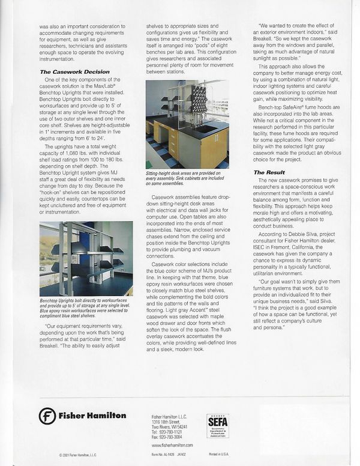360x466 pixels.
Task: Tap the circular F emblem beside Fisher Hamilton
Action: pyautogui.click(x=47, y=416)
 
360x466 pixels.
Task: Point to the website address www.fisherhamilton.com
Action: pyautogui.click(x=172, y=445)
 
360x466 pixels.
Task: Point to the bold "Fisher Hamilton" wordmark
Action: pyautogui.click(x=92, y=416)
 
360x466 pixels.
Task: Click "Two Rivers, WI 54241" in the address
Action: pyautogui.click(x=170, y=426)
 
